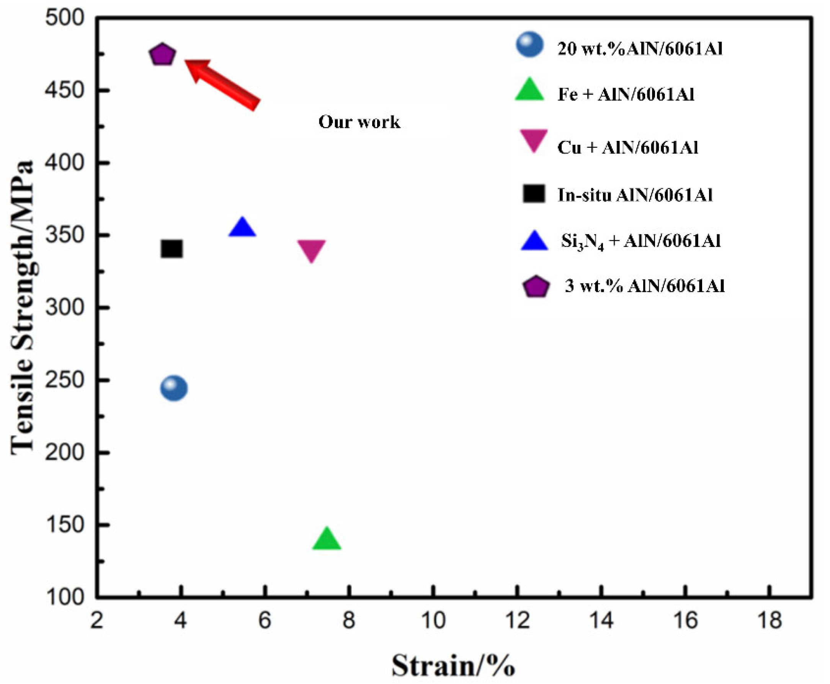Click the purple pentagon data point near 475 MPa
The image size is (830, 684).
pos(162,54)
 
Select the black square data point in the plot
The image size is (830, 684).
pos(172,249)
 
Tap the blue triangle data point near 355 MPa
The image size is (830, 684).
pos(242,228)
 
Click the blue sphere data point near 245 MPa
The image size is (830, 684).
pos(174,388)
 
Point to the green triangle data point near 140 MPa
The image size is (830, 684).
pos(326,539)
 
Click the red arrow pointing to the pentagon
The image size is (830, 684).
pos(223,83)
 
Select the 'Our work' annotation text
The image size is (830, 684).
pos(359,122)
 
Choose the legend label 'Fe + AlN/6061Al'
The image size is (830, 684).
pos(626,95)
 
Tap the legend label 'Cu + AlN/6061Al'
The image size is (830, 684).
pos(627,147)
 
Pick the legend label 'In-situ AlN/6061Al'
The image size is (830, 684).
pos(634,195)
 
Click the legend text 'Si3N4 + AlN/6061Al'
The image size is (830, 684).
pos(640,241)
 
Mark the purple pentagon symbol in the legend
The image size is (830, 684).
pos(535,287)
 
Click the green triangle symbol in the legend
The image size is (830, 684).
pos(530,90)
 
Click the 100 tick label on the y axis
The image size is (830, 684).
pos(65,597)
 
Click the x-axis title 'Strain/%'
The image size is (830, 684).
pos(453,666)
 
